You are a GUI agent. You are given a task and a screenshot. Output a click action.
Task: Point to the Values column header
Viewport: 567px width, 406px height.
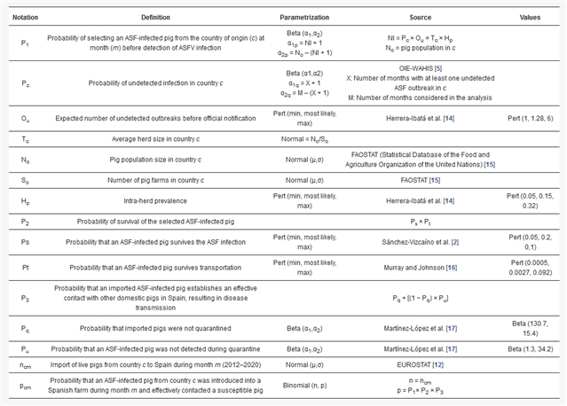click(x=529, y=17)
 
